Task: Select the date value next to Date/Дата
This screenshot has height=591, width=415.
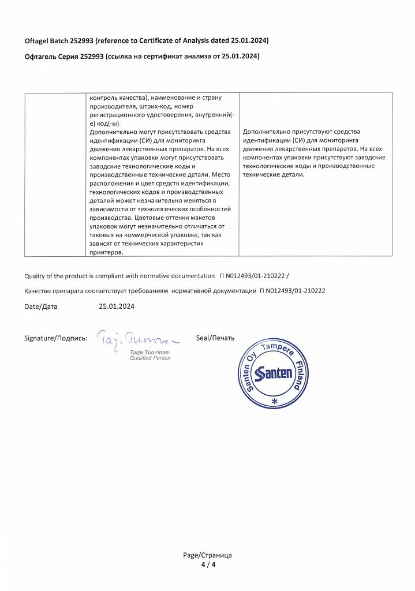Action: (x=117, y=306)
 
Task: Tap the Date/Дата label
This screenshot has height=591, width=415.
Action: (x=41, y=306)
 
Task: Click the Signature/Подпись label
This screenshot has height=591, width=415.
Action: (x=55, y=338)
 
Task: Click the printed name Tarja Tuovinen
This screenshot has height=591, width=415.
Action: (x=149, y=351)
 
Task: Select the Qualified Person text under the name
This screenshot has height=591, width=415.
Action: (x=150, y=358)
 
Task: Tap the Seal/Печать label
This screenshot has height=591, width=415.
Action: (x=215, y=338)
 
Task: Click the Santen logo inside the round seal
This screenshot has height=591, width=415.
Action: (x=274, y=372)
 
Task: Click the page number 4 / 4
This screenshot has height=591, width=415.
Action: (x=207, y=564)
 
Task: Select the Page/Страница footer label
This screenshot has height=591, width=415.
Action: (x=207, y=555)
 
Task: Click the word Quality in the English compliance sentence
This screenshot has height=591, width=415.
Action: (x=36, y=276)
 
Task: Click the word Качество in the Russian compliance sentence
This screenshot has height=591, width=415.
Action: (x=40, y=291)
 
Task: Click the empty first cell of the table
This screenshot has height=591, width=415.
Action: (x=54, y=173)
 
